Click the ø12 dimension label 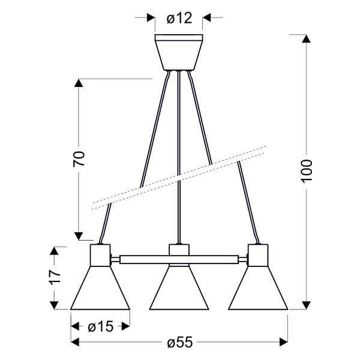[179, 18]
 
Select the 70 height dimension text [79, 158]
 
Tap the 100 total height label [307, 171]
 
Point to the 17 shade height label [55, 277]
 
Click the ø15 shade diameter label [101, 326]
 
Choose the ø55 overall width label [180, 343]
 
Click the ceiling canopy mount [179, 52]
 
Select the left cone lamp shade [100, 288]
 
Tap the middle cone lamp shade [179, 288]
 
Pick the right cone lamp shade [258, 288]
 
